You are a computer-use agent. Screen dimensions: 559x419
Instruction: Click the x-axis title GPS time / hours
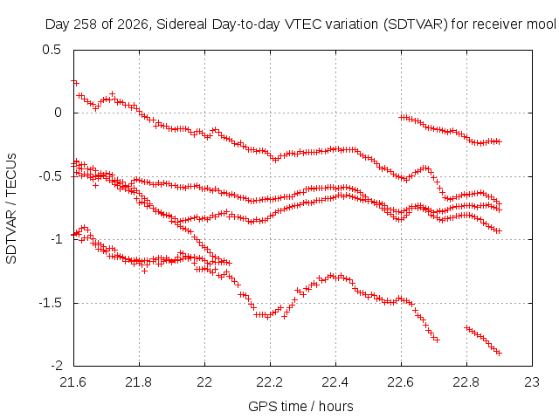coord(300,406)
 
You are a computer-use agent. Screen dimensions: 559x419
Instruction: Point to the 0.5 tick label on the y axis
coord(52,50)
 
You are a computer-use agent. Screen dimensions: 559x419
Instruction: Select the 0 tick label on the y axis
coord(58,113)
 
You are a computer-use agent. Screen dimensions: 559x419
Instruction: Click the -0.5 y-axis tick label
coord(50,176)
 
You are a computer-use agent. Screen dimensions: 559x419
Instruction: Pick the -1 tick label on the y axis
coord(56,239)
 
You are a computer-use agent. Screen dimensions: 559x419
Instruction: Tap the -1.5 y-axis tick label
coord(50,303)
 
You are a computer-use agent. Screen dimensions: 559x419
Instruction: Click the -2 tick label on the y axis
coord(56,366)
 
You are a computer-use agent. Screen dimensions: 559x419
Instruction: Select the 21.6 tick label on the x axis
coord(73,382)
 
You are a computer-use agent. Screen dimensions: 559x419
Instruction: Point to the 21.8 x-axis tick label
coord(139,382)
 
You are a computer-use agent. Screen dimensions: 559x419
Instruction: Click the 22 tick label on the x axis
coord(204,382)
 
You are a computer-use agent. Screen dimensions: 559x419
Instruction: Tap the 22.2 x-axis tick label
coord(270,382)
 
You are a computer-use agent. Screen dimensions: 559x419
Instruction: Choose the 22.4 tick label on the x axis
coord(335,382)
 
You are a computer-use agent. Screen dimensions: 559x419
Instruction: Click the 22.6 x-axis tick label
coord(401,382)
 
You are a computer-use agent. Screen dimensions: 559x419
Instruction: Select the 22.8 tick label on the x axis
coord(466,382)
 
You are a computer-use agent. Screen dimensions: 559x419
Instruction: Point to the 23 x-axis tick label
coord(532,382)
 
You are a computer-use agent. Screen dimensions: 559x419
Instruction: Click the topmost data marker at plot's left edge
coord(74,82)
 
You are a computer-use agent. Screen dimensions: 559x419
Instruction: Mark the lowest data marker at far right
coord(499,353)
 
